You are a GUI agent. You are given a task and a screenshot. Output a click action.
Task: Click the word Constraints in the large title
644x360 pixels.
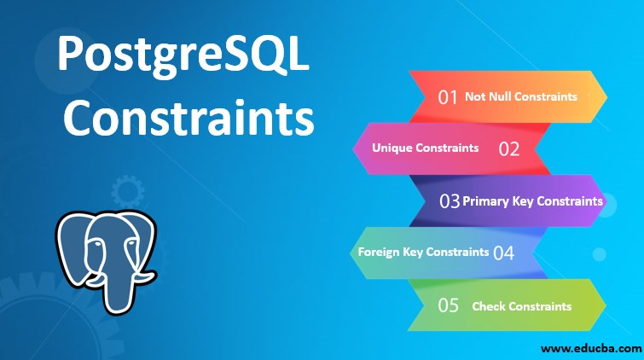pos(189,119)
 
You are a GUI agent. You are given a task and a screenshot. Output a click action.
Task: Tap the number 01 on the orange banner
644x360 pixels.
pos(449,96)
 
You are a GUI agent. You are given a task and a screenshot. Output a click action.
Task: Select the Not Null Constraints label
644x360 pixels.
pos(520,96)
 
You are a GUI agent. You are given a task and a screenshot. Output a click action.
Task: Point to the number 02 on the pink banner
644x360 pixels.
pos(509,148)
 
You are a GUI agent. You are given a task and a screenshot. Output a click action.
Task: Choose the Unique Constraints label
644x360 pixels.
pos(425,148)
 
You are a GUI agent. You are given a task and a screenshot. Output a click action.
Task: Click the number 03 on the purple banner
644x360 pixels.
pos(450,201)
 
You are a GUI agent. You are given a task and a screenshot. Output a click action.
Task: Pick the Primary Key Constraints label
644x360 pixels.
pos(532,201)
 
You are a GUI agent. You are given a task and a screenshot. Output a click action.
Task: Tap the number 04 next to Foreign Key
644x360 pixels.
pos(503,253)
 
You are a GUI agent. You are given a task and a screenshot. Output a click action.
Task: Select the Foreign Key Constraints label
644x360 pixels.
pos(423,252)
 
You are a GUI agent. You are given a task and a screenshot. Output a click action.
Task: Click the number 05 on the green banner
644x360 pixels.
pos(449,305)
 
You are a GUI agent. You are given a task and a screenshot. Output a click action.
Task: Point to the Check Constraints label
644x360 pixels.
pos(521,305)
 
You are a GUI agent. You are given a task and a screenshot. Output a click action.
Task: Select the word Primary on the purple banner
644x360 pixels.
pos(485,201)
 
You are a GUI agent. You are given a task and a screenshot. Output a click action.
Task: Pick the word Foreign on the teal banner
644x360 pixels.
pos(378,252)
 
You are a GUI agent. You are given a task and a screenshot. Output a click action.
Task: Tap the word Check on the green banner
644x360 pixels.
pos(489,305)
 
